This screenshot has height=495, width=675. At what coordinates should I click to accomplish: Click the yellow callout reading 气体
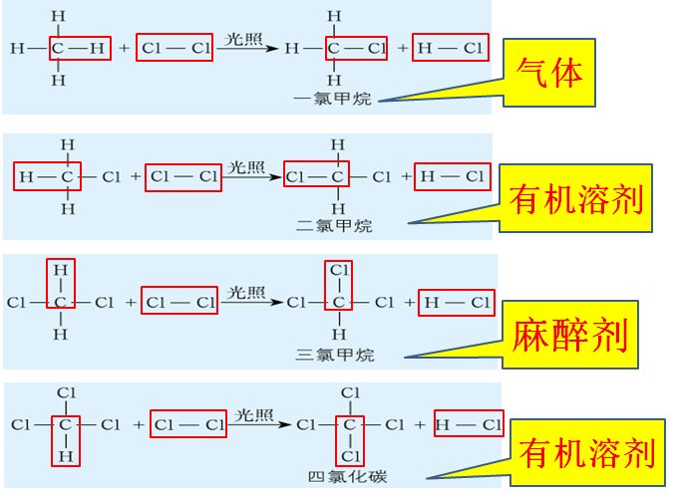click(550, 73)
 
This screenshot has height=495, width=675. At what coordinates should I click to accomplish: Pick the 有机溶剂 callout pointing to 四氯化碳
click(587, 454)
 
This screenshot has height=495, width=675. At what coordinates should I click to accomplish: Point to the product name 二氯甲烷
click(334, 226)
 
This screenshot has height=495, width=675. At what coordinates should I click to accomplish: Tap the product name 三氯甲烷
click(334, 354)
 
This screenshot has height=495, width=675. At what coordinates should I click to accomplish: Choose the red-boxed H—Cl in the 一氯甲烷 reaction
click(450, 47)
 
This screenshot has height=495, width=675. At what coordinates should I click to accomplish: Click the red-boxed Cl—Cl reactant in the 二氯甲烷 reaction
click(182, 177)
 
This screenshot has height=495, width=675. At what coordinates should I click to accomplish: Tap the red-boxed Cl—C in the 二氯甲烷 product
click(315, 177)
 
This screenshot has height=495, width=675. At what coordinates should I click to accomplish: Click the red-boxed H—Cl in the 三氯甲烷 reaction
click(456, 302)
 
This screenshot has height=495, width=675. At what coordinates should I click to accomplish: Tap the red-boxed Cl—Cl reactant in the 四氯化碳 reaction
click(189, 424)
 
